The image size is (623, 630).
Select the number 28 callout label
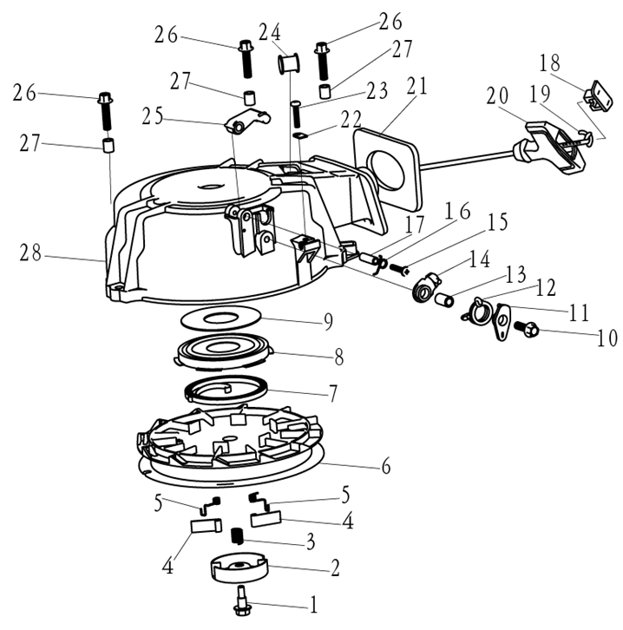[32, 253]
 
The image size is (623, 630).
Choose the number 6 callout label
[386, 466]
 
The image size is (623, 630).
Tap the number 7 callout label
[332, 392]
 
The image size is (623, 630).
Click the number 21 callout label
[416, 87]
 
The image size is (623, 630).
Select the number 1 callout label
[313, 605]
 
